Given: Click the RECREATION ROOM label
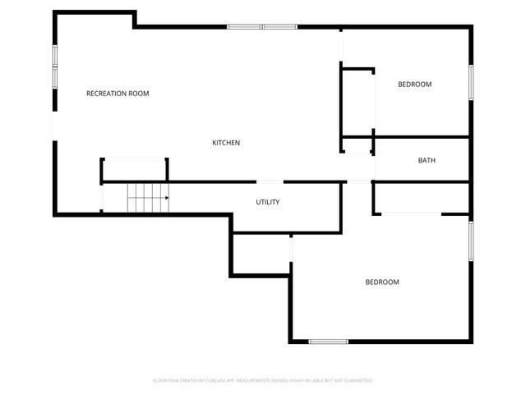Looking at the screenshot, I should (x=118, y=94).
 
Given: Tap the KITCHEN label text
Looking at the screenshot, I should (x=226, y=143).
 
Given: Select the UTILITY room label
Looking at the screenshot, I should (x=268, y=202).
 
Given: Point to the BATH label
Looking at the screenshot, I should (x=427, y=160).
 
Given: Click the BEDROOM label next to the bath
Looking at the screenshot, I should (x=414, y=85).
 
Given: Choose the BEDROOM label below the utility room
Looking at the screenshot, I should (x=382, y=282).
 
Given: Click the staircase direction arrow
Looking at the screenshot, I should (x=164, y=198).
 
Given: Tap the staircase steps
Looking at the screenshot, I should (x=146, y=198).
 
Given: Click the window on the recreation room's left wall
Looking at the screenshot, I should (x=55, y=66).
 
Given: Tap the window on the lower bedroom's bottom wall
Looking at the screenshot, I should (x=328, y=341).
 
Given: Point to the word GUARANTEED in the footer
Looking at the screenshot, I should (x=358, y=381).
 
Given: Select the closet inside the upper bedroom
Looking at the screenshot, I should (x=358, y=104).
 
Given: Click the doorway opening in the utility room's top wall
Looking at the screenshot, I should (x=270, y=181).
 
